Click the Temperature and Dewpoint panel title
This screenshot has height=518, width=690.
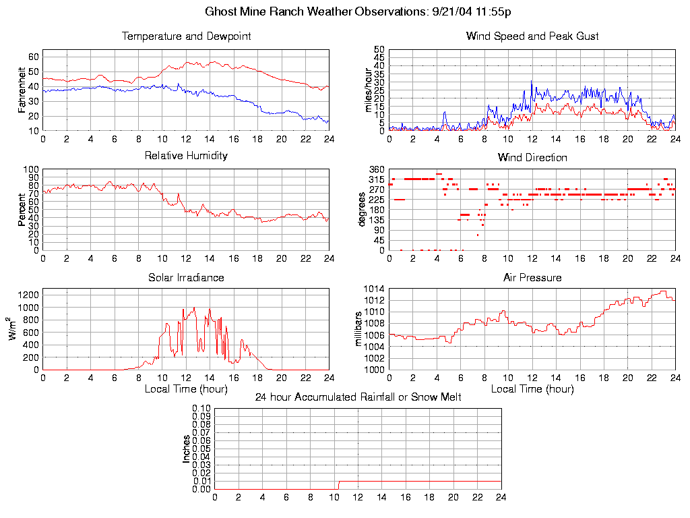click(x=186, y=36)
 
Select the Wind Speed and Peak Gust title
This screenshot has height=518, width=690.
click(x=532, y=36)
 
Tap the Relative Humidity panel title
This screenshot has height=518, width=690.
click(x=186, y=156)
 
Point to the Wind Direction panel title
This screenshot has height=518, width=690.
click(x=532, y=158)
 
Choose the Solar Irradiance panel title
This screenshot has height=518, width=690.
click(x=186, y=277)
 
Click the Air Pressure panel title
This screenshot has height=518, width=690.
click(x=532, y=277)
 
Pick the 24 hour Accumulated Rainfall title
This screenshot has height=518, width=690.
click(x=358, y=397)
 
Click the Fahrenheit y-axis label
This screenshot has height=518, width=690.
click(x=22, y=90)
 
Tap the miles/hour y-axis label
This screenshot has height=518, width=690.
click(x=369, y=90)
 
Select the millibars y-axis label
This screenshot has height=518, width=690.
click(x=359, y=328)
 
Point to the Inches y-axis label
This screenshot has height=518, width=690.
click(x=187, y=449)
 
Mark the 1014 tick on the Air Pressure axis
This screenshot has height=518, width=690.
click(x=373, y=289)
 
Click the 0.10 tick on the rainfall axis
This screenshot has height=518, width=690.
click(x=201, y=408)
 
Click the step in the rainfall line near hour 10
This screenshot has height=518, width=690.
click(x=338, y=484)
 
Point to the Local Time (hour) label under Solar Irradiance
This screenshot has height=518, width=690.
click(x=186, y=389)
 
